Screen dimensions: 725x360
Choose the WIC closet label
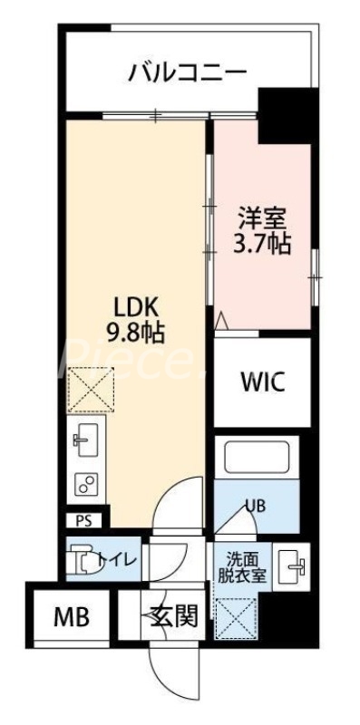point(263,382)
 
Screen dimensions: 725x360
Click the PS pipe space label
point(84,521)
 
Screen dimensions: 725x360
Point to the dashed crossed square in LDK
point(87,388)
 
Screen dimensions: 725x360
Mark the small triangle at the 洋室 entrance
point(221,318)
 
